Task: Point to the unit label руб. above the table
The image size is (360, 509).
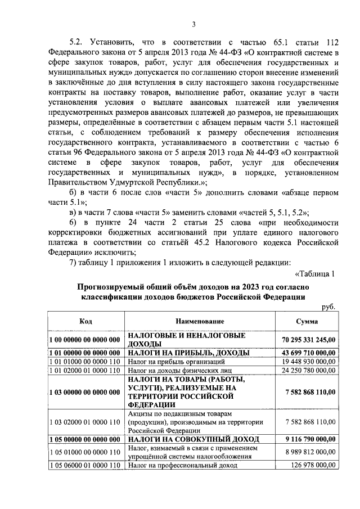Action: click(328, 307)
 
